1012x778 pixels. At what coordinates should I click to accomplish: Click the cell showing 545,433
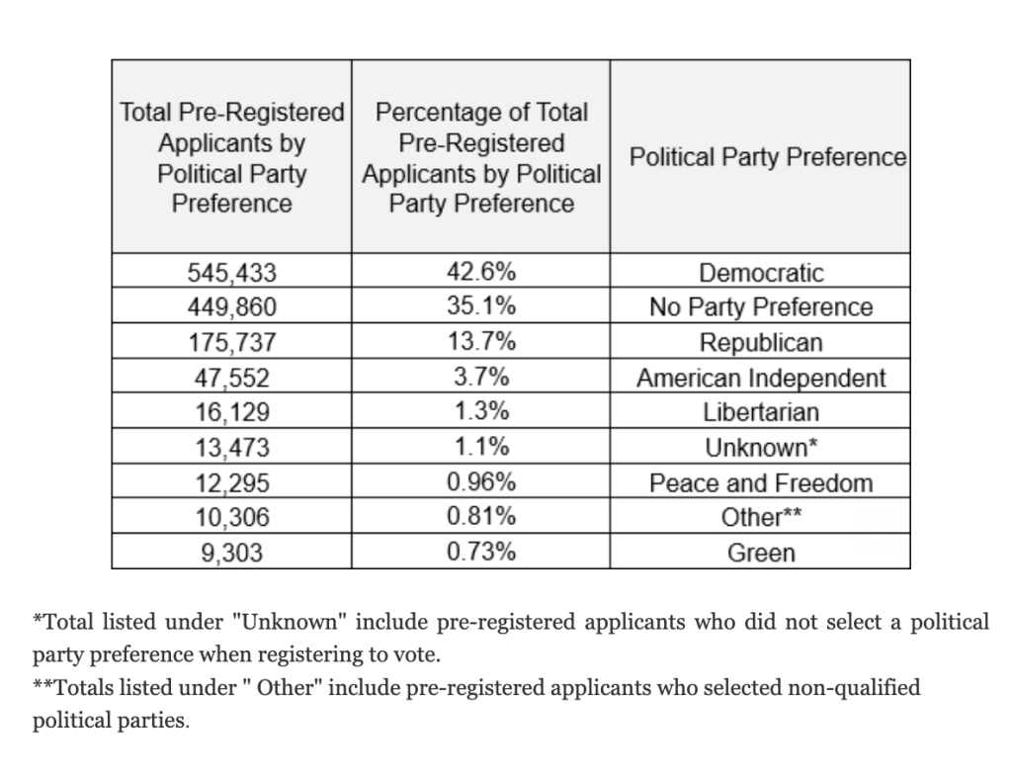pyautogui.click(x=232, y=273)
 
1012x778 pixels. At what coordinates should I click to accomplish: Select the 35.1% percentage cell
pyautogui.click(x=481, y=307)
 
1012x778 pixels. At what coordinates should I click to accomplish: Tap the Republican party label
pyautogui.click(x=760, y=343)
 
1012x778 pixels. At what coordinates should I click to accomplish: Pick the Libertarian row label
pyautogui.click(x=760, y=413)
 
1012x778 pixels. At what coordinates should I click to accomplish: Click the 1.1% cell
pyautogui.click(x=481, y=448)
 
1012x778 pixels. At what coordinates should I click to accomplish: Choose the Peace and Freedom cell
pyautogui.click(x=760, y=483)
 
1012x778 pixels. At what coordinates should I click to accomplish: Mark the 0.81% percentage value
pyautogui.click(x=481, y=517)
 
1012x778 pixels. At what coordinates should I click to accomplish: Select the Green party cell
pyautogui.click(x=760, y=553)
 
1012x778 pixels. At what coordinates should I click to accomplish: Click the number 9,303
pyautogui.click(x=232, y=554)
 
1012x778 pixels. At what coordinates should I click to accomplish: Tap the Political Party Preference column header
pyautogui.click(x=768, y=157)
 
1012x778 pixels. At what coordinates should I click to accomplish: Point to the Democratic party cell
pyautogui.click(x=760, y=273)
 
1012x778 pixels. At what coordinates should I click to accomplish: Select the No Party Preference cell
pyautogui.click(x=760, y=307)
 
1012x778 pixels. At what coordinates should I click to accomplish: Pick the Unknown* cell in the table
pyautogui.click(x=760, y=448)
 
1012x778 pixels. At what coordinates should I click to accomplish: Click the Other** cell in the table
pyautogui.click(x=760, y=518)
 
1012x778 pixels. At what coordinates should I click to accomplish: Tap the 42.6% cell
pyautogui.click(x=481, y=273)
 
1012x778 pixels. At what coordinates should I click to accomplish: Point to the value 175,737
pyautogui.click(x=232, y=343)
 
